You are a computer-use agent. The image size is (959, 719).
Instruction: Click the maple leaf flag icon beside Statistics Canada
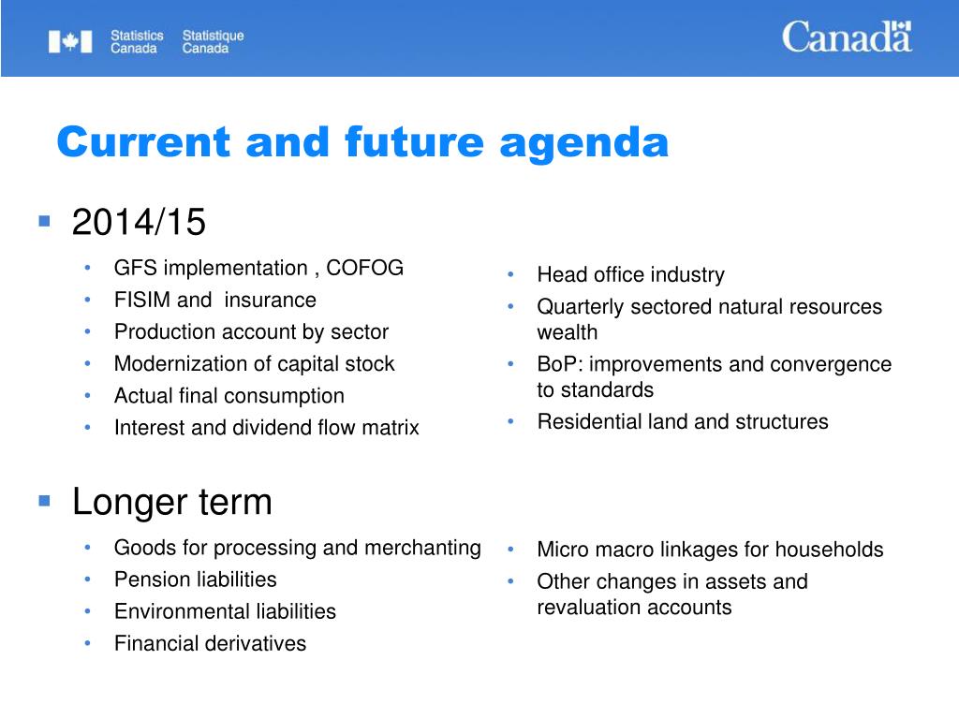(x=70, y=41)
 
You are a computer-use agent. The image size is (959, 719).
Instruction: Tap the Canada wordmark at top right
(x=847, y=37)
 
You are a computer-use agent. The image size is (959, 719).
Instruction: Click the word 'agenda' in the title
(x=584, y=144)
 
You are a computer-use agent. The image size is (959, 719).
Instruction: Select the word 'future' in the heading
(x=414, y=142)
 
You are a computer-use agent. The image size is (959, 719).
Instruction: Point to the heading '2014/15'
(x=139, y=221)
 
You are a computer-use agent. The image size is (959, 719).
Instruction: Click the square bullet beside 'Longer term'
(x=44, y=502)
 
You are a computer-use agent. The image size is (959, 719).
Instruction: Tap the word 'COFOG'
(x=364, y=268)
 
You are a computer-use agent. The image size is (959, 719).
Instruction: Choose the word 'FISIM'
(x=141, y=300)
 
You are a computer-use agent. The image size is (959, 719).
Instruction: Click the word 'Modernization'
(x=174, y=364)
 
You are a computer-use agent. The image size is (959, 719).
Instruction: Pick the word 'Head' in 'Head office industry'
(x=559, y=274)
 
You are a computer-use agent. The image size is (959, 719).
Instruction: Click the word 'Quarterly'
(x=581, y=307)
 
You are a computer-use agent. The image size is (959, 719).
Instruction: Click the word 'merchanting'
(x=422, y=549)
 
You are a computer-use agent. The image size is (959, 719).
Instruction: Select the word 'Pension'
(x=149, y=579)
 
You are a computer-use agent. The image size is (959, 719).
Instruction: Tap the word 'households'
(x=829, y=549)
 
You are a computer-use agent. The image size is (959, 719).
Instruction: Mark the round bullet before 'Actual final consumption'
(x=87, y=396)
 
